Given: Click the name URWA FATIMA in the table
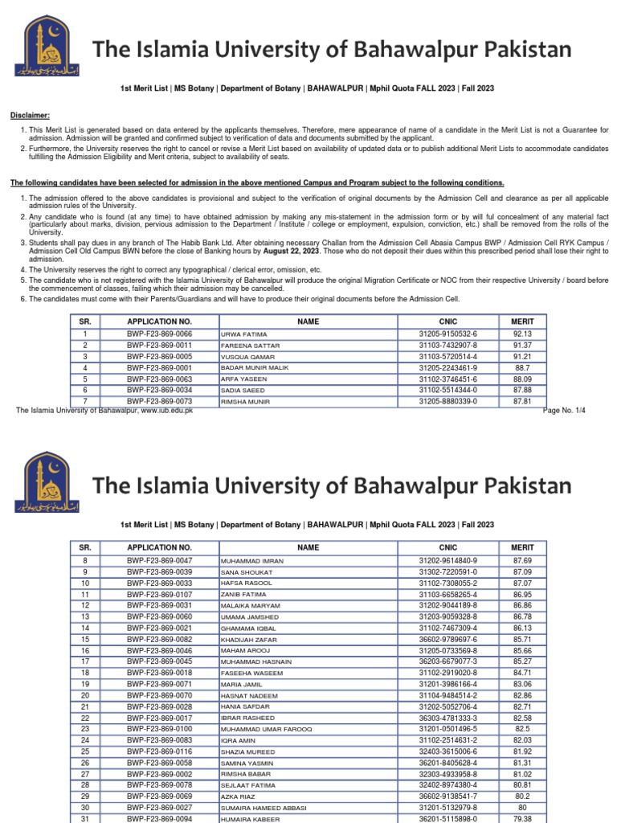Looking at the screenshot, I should (x=243, y=334).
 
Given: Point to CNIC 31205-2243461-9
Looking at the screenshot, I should (x=447, y=367).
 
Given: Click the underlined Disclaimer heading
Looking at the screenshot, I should (x=29, y=115).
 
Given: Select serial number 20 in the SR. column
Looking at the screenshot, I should (x=84, y=695).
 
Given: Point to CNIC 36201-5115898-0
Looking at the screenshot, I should (x=447, y=819).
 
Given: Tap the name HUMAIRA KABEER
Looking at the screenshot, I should (x=250, y=819).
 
